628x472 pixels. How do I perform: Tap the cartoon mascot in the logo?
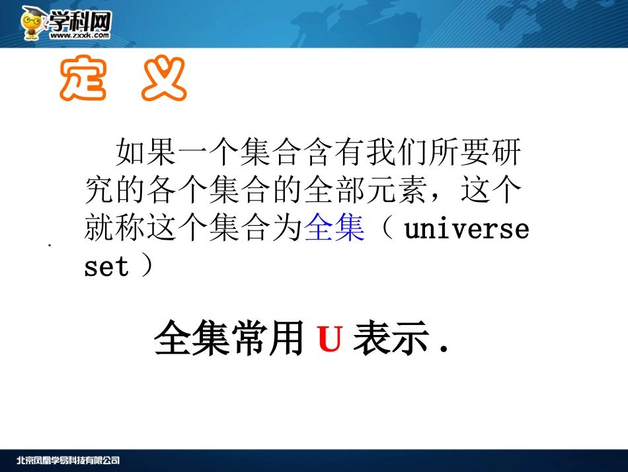pos(33,24)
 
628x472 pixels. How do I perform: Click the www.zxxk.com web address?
pos(79,36)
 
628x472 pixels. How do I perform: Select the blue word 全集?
pos(334,229)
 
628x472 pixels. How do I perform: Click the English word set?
pos(106,267)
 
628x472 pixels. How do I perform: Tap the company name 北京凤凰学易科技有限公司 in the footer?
pos(68,461)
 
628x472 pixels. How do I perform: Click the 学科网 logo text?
pos(78,21)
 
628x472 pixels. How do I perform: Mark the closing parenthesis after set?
pos(147,267)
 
